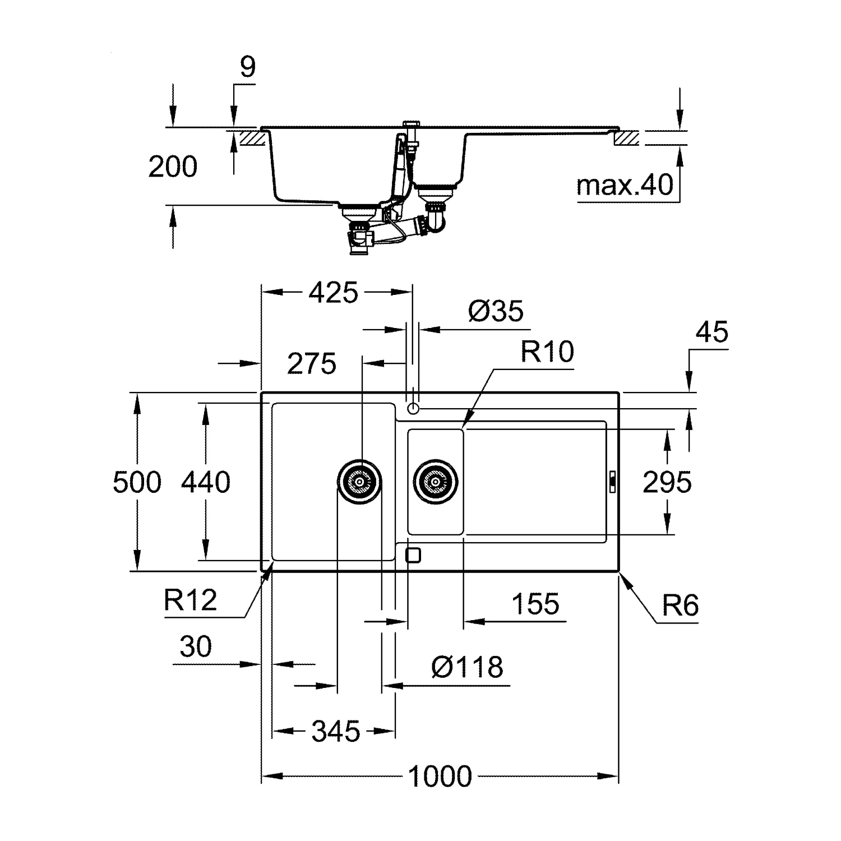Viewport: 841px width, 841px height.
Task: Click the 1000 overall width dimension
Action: (440, 777)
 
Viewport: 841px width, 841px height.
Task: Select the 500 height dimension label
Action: (137, 482)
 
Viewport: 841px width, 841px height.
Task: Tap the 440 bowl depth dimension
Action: (206, 482)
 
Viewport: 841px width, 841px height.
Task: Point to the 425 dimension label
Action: (334, 293)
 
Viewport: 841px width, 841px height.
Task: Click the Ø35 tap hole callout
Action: (496, 311)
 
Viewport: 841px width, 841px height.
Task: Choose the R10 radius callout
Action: (547, 352)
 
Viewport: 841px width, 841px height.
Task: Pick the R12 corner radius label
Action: (191, 600)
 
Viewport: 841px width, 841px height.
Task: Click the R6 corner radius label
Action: (681, 606)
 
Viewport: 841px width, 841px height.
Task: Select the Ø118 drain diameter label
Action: (468, 667)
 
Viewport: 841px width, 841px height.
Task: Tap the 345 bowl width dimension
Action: (336, 732)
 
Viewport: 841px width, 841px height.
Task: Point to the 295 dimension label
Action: (667, 482)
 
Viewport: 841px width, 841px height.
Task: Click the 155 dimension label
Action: (535, 604)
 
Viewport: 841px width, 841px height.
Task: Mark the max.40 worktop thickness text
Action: (625, 185)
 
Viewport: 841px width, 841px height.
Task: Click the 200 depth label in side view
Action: (173, 167)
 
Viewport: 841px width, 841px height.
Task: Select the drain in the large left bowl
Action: (360, 481)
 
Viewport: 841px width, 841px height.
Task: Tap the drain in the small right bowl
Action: (436, 481)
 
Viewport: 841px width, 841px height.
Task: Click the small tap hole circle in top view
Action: (413, 409)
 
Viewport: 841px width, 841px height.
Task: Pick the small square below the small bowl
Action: (413, 555)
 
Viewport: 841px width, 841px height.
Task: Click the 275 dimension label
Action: (312, 364)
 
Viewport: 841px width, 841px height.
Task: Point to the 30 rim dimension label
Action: (196, 646)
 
